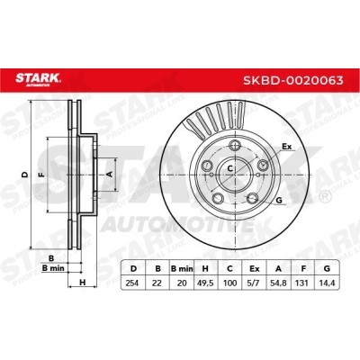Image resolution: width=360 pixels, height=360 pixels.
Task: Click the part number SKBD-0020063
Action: click(x=292, y=80)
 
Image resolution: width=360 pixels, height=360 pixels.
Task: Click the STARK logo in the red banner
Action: click(x=38, y=79)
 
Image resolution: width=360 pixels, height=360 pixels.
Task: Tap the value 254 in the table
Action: click(x=132, y=283)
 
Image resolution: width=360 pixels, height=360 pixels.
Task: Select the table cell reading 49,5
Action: click(x=205, y=283)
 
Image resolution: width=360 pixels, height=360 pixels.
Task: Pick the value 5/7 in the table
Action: click(x=255, y=283)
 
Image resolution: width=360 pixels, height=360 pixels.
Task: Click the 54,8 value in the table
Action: click(x=279, y=283)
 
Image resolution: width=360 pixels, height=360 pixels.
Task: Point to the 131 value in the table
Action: click(x=303, y=283)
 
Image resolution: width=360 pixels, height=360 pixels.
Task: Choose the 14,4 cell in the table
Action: click(x=328, y=283)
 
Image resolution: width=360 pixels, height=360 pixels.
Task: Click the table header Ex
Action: click(x=255, y=268)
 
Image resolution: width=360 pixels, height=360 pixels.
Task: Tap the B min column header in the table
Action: click(x=182, y=268)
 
